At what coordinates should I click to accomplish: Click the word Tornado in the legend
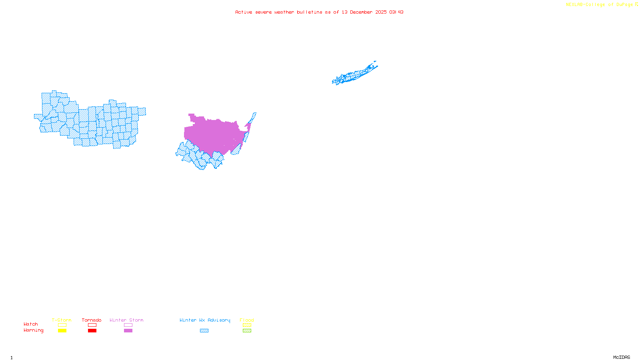tap(92, 320)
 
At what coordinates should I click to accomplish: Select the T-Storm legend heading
tap(62, 320)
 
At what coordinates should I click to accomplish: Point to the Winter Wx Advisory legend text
tap(205, 320)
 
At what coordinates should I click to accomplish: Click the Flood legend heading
tap(247, 320)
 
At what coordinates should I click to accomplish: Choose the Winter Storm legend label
tap(126, 320)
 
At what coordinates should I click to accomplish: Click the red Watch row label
tap(31, 324)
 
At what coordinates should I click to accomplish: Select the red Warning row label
tap(34, 330)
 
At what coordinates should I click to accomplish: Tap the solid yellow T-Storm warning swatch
tap(62, 331)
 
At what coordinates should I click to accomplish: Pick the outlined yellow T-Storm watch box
tap(62, 325)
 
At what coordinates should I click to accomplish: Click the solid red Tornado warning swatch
tap(92, 331)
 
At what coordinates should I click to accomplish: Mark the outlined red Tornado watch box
tap(92, 325)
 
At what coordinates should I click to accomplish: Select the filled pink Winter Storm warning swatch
tap(128, 331)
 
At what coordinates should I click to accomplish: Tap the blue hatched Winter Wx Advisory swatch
tap(204, 331)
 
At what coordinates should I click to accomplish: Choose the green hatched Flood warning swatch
tap(247, 331)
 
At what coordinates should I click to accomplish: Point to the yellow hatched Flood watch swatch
tap(247, 325)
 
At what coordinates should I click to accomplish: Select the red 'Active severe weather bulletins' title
tap(319, 12)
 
